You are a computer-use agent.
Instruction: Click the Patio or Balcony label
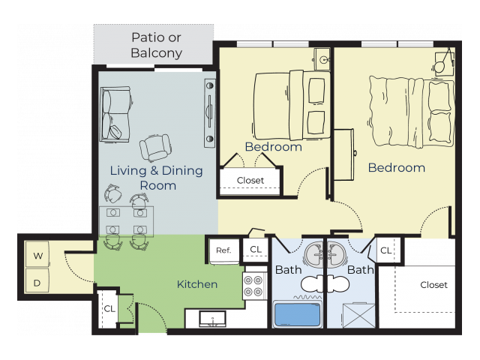coord(157,45)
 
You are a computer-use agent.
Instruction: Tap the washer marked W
coord(37,254)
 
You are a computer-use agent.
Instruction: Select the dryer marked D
coord(37,280)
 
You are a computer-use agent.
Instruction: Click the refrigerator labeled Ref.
coord(223,250)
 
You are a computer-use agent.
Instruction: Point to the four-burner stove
coord(253,286)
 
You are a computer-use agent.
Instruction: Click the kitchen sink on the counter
coord(212,319)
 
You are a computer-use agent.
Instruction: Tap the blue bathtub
coord(297,314)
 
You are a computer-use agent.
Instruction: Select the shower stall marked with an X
coord(358,315)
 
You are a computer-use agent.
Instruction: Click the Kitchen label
coord(197,284)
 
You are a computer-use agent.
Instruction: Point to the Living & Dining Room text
coord(157,178)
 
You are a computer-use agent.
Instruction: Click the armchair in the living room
coord(155,148)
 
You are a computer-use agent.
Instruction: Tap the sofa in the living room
coord(116,114)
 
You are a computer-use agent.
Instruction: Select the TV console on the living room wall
coord(210,113)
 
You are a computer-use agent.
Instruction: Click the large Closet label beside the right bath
coord(433,285)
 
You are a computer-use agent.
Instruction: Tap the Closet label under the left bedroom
coord(250,180)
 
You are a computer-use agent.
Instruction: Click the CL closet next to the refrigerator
coord(256,250)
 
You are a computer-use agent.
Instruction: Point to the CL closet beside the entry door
coord(109,308)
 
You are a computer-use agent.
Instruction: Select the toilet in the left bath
coord(312,283)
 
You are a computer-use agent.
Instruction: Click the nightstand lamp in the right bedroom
coord(440,67)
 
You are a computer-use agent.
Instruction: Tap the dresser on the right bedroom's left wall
coord(344,154)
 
